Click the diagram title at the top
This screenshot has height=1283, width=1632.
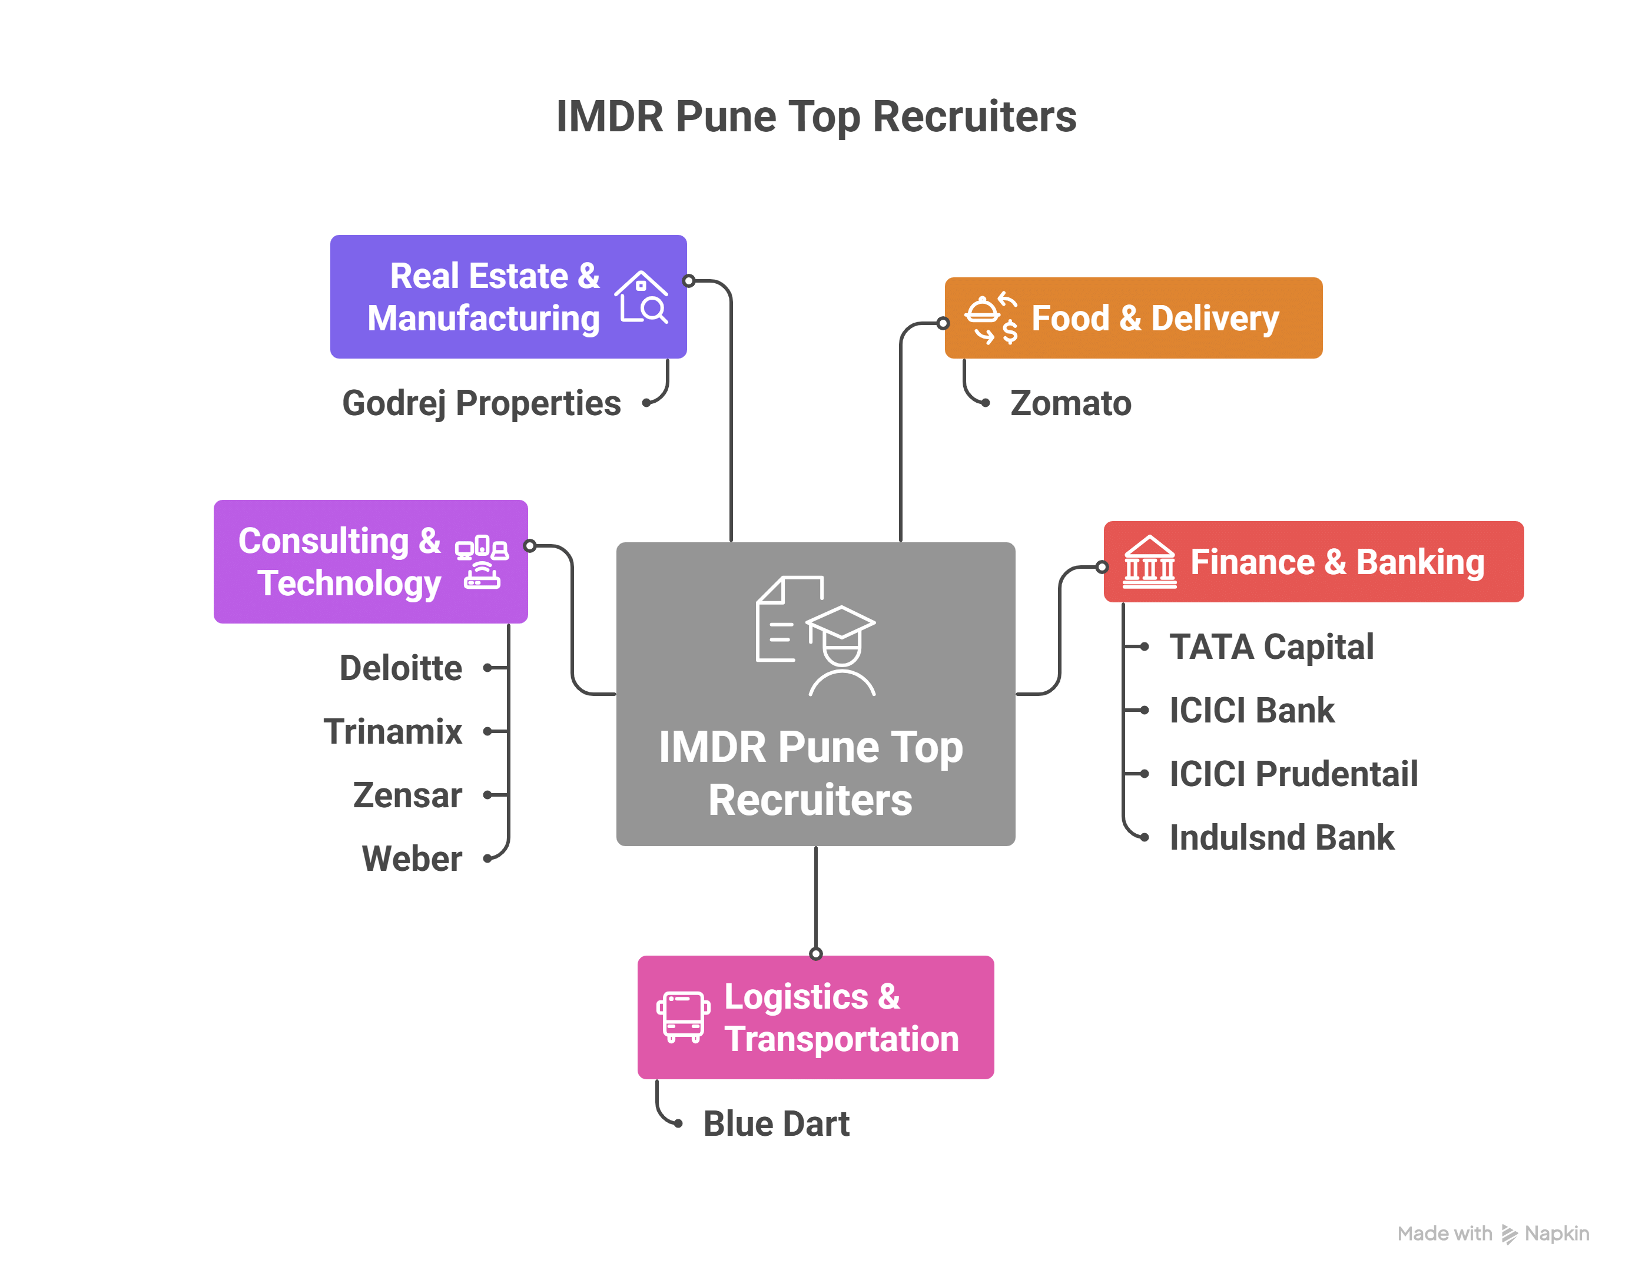(815, 117)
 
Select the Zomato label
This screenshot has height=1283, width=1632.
(1070, 403)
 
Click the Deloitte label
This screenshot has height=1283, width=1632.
(400, 668)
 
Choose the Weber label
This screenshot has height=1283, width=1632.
(412, 858)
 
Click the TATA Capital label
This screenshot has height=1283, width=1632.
(1271, 647)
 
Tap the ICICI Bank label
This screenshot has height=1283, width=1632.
(1251, 711)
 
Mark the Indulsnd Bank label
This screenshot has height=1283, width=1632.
(1281, 837)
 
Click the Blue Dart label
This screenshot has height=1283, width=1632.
(776, 1124)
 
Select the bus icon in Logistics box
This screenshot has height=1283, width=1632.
(683, 1017)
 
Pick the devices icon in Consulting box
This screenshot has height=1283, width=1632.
(482, 562)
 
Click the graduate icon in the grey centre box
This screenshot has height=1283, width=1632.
(815, 635)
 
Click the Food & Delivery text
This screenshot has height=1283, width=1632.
(1155, 319)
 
